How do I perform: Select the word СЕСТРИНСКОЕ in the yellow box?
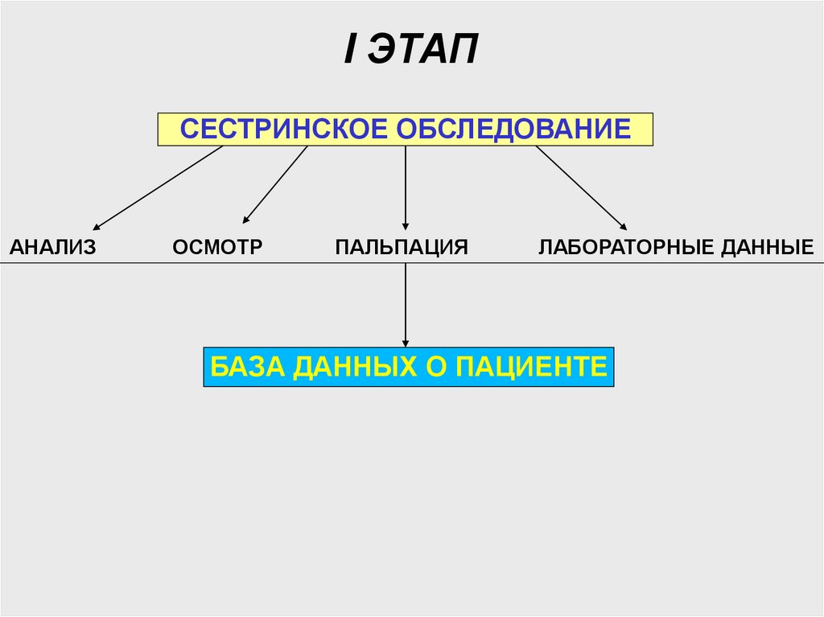278,129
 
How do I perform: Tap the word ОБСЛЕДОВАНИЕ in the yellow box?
515,129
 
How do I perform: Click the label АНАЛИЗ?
53,247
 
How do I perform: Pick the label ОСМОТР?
217,247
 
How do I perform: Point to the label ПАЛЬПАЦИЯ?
402,247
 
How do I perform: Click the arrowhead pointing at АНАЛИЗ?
97,227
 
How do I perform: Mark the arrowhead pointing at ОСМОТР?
246,219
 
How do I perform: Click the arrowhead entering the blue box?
405,343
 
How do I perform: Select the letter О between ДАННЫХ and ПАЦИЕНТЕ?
433,367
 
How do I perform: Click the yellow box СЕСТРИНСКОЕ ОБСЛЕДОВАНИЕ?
405,130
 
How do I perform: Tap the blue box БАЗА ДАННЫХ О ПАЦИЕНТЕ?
408,368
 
